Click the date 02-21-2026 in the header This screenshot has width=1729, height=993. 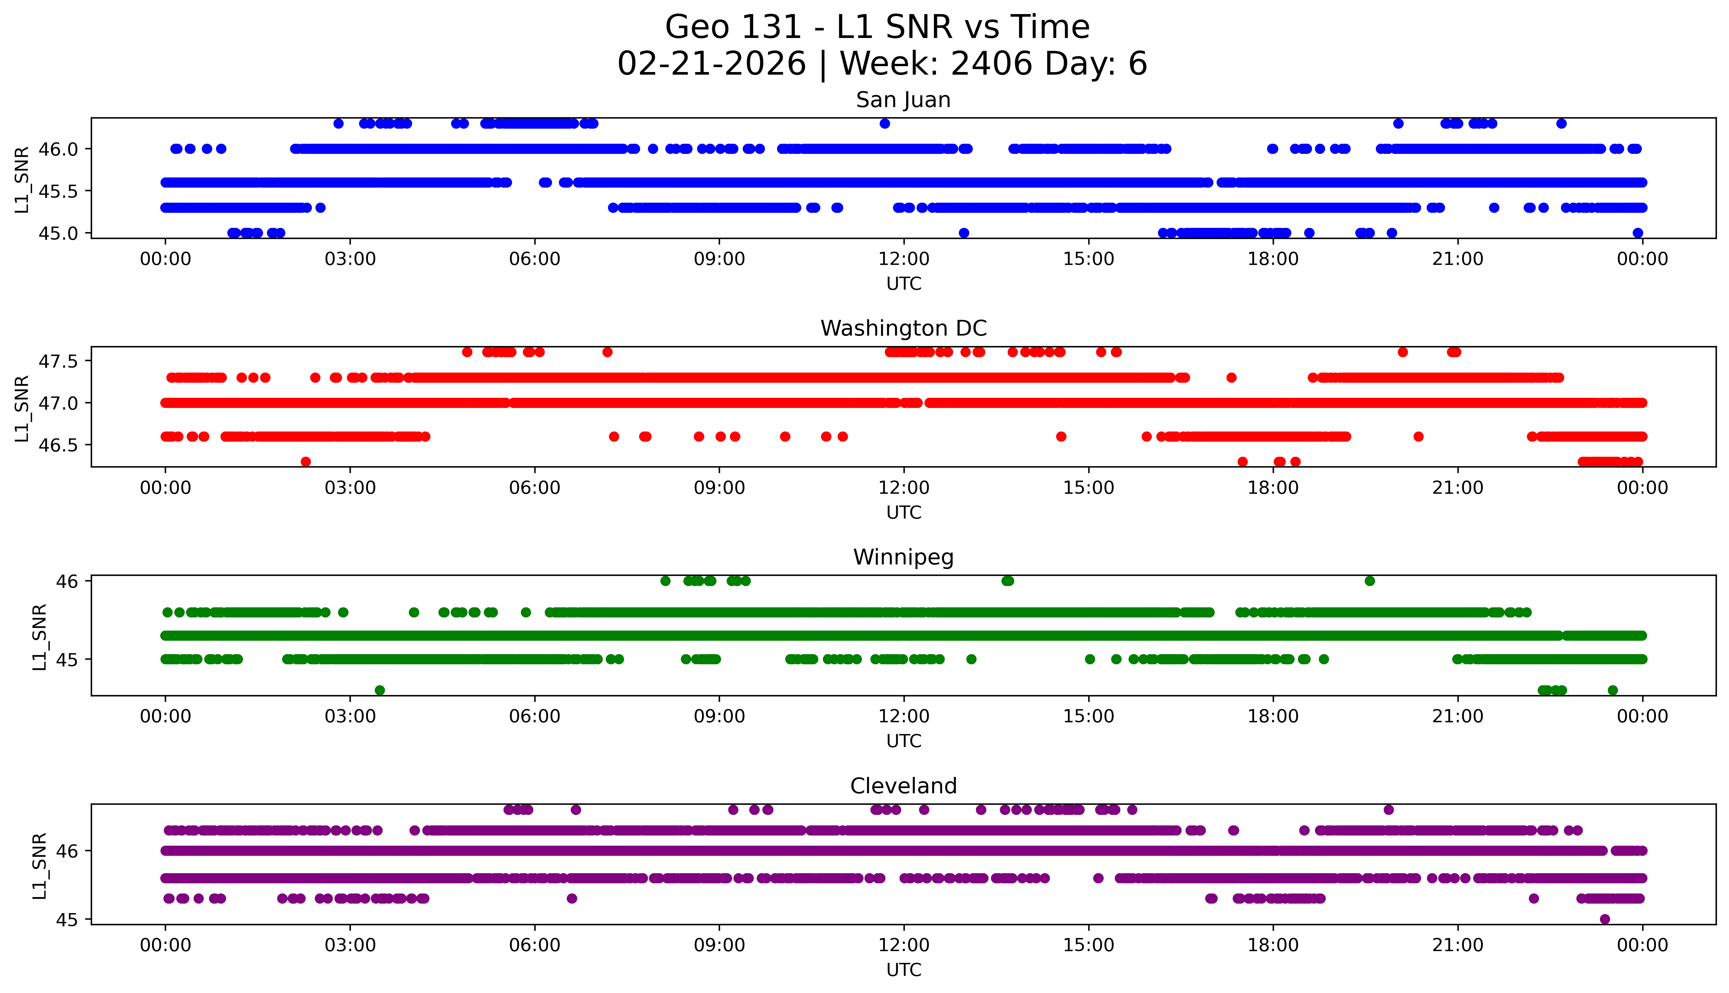[712, 64]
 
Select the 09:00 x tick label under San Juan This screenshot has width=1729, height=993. [719, 259]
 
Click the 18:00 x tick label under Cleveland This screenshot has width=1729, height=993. [1273, 945]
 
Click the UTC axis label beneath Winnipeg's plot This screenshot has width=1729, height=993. [903, 741]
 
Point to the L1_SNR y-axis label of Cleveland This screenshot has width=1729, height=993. [40, 865]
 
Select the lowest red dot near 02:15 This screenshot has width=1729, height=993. [306, 462]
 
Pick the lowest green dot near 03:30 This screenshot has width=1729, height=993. [380, 690]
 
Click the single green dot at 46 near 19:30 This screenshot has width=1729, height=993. [1369, 581]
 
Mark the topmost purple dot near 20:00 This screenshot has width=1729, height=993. [1389, 810]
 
